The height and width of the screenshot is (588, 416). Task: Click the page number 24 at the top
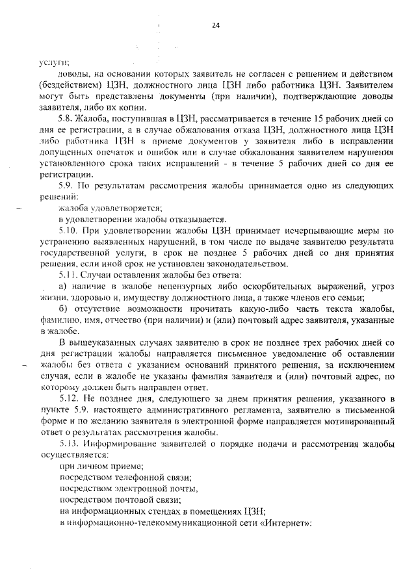pos(216,25)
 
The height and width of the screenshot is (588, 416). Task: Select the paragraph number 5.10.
pos(68,230)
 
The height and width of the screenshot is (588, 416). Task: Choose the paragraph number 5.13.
pos(68,444)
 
